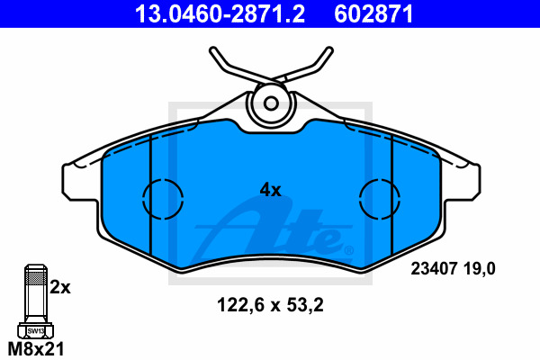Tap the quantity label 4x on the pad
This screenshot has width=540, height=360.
tap(270, 190)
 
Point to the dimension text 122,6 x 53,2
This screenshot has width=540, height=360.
tap(270, 304)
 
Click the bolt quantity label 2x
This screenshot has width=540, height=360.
tap(60, 288)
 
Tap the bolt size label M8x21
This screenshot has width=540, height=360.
tap(35, 348)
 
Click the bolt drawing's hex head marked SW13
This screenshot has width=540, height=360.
tap(34, 331)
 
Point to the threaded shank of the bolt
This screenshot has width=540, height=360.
tap(34, 297)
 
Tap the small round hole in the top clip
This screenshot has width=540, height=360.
tap(270, 101)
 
